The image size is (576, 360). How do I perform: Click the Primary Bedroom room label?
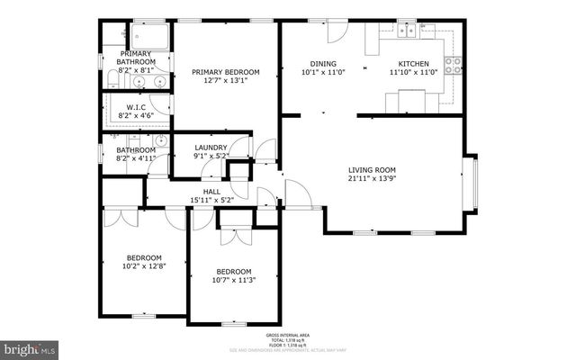click(226, 72)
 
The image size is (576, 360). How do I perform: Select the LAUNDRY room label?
click(211, 147)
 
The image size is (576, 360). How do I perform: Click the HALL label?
click(211, 191)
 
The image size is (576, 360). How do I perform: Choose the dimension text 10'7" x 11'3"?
click(233, 282)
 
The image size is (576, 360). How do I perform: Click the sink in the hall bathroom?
click(160, 141)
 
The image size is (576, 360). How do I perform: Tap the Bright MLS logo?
click(30, 346)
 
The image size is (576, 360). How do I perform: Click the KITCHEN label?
click(414, 63)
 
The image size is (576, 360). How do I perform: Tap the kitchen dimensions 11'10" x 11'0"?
click(414, 73)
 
